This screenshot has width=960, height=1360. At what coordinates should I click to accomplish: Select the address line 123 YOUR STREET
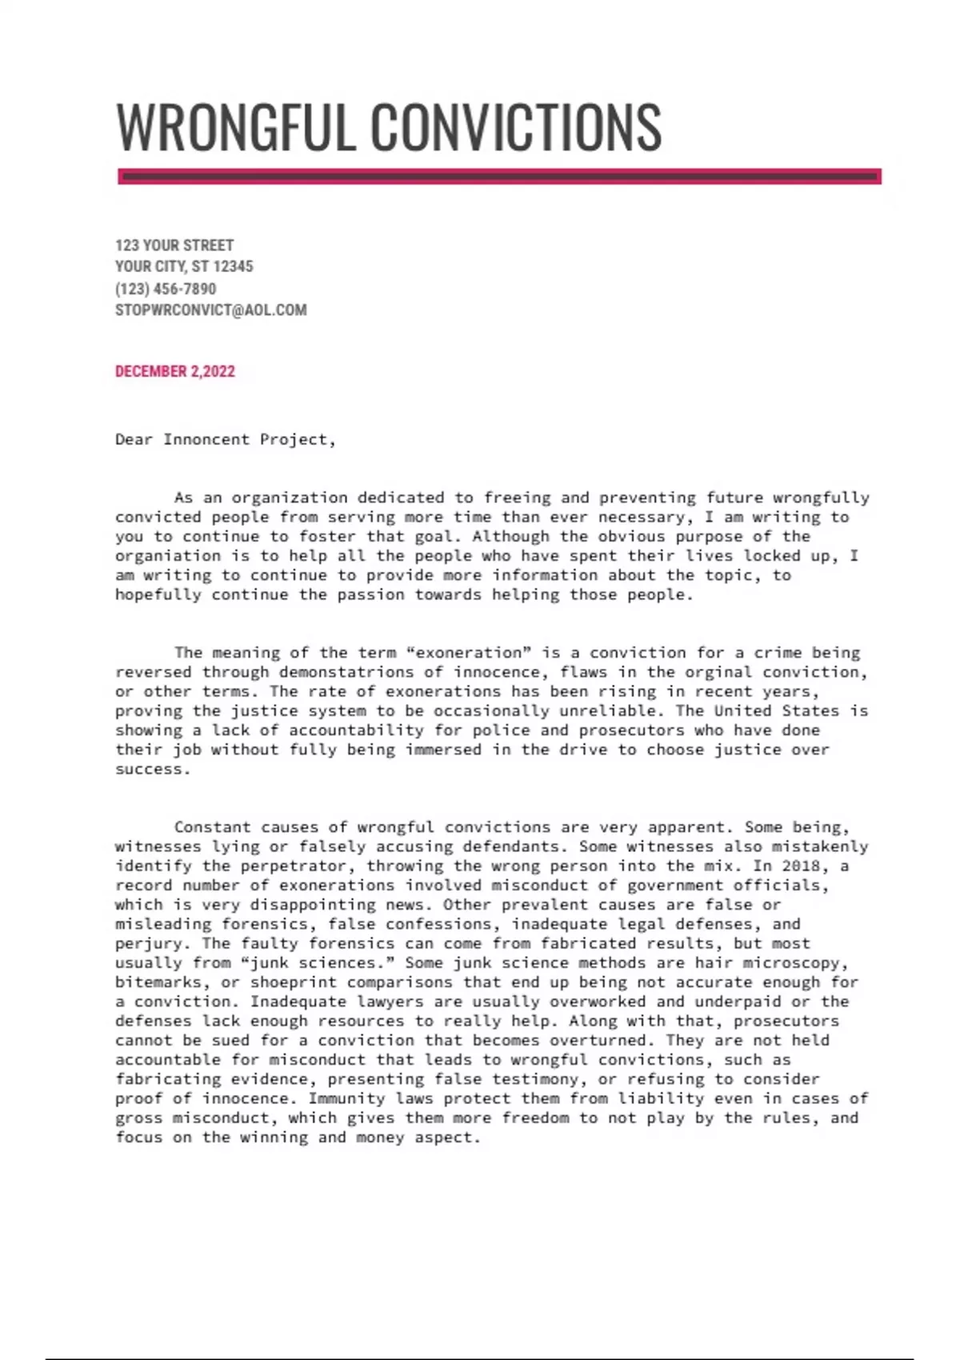[x=174, y=245]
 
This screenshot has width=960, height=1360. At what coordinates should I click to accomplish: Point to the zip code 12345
[x=233, y=266]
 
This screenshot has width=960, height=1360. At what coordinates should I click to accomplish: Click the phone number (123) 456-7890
[x=166, y=288]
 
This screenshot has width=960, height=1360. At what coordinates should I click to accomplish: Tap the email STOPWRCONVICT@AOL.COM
[x=210, y=310]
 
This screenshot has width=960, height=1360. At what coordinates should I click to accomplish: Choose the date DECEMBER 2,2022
[x=175, y=371]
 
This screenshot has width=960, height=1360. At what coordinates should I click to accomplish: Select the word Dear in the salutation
[x=134, y=439]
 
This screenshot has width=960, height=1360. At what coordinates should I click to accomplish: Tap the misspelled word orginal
[x=715, y=672]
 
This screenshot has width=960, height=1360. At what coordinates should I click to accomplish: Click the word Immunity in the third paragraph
[x=346, y=1098]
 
